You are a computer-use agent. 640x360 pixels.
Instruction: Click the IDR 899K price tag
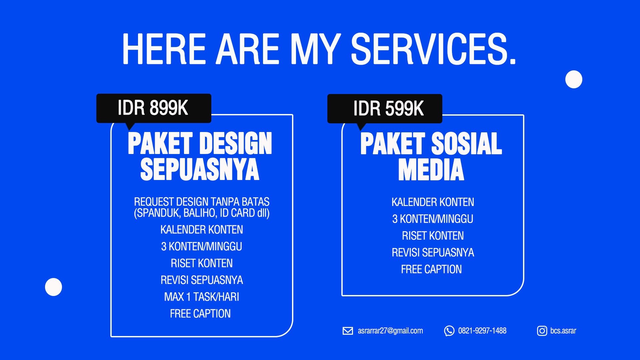coord(154,108)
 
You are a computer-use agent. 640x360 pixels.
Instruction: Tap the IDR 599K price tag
coord(385,109)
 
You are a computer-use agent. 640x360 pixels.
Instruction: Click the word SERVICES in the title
coord(434,49)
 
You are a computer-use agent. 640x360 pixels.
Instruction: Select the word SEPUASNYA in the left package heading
coord(200,169)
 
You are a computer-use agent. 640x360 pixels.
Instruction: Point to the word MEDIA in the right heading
coord(431,170)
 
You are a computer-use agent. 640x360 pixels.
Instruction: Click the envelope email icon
coord(348,331)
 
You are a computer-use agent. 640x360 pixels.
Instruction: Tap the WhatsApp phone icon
coord(449,331)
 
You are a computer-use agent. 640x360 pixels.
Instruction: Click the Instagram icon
coord(542,331)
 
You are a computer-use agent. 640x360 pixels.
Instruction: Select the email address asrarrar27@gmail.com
coord(390,331)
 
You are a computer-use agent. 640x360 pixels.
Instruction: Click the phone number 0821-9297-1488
coord(482,331)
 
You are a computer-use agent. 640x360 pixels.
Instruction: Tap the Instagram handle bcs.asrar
coord(563,331)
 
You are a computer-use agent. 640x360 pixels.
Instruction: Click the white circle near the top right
coord(574,79)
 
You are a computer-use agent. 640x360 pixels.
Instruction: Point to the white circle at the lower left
coord(53,287)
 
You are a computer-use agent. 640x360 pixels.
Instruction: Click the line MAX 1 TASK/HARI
coord(202,297)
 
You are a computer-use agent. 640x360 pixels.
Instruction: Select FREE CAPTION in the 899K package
coord(200,314)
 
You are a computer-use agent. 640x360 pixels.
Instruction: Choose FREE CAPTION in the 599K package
coord(431,269)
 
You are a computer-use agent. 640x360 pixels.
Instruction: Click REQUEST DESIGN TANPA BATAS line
coord(202,202)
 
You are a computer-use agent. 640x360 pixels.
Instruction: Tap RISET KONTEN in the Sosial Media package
coord(433,236)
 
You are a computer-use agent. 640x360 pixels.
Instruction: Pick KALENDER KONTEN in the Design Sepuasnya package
coord(202,230)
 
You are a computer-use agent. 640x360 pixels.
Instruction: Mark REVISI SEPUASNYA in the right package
coord(433,252)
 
